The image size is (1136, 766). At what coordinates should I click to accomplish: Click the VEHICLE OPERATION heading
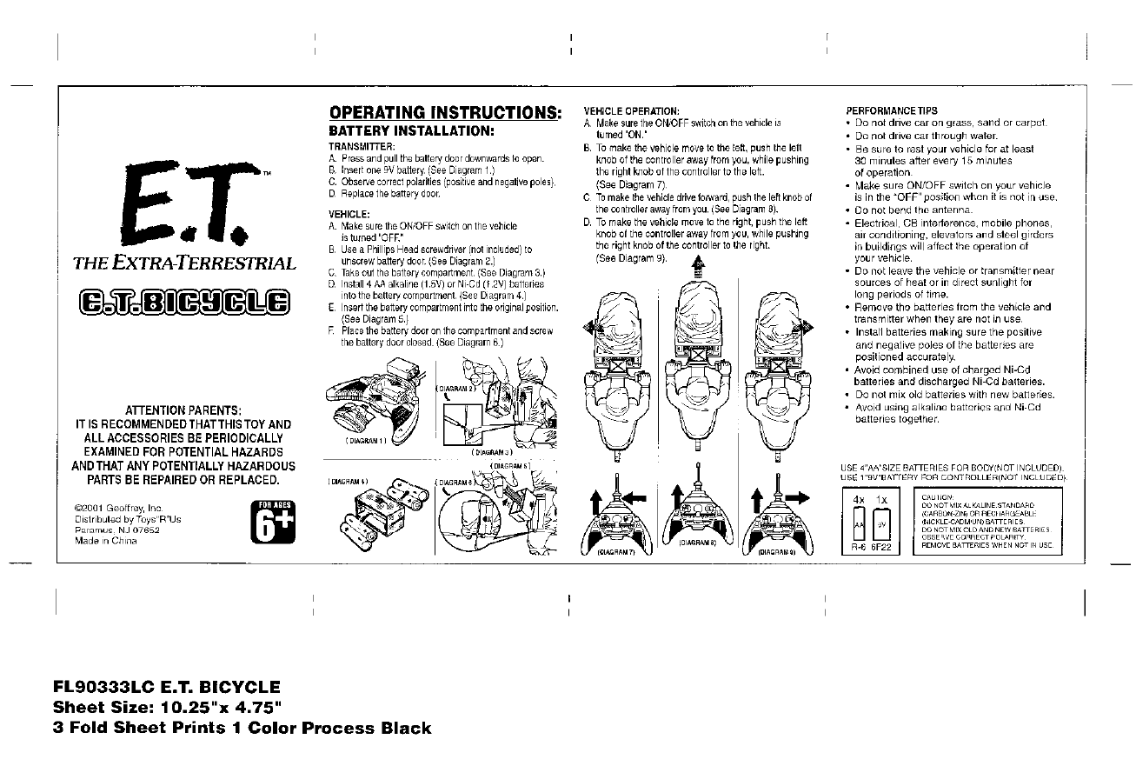coord(631,111)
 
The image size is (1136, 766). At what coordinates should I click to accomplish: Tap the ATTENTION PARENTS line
coord(184,410)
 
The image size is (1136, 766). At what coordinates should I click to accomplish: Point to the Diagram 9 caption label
coord(777,551)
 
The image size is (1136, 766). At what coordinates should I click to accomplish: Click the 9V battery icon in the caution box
coord(882,525)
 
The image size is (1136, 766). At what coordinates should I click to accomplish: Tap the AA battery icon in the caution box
coord(858,525)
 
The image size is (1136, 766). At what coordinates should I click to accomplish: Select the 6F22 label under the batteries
coord(882,550)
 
